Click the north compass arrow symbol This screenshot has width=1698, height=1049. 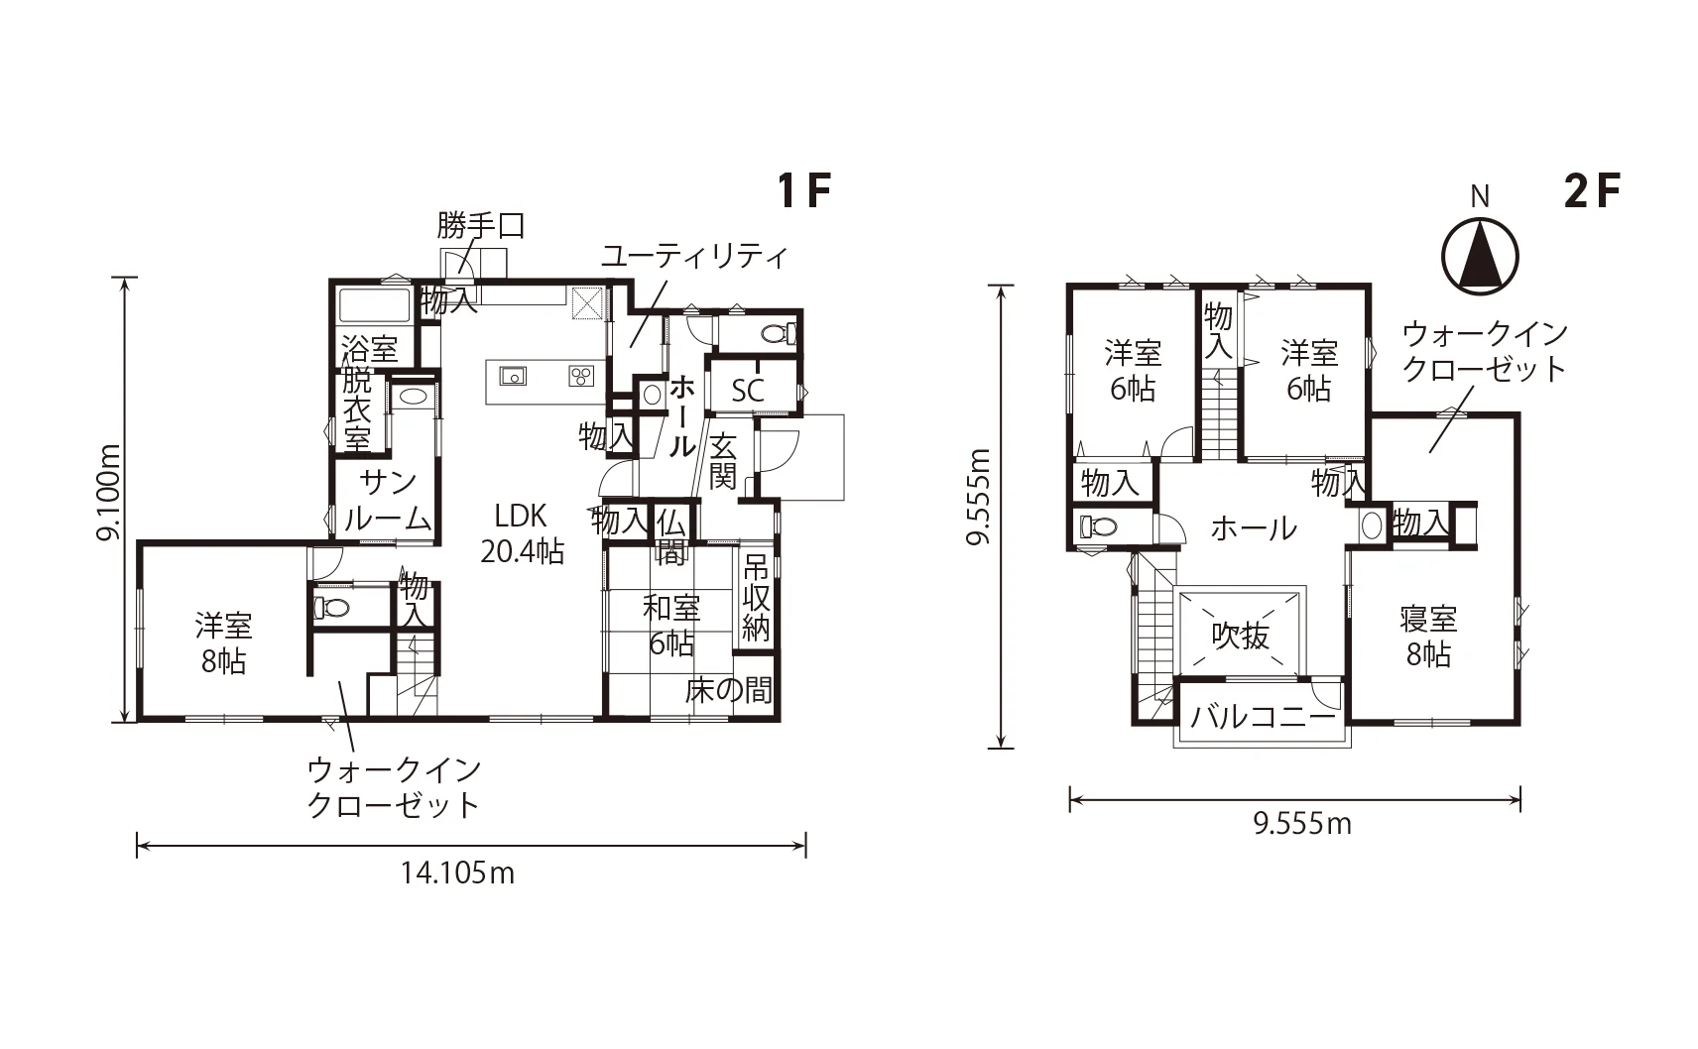(1480, 256)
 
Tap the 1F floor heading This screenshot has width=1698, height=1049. (804, 191)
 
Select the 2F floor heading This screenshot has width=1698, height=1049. (1592, 191)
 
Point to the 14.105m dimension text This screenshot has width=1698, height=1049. (457, 874)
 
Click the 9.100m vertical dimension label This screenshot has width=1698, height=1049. (108, 493)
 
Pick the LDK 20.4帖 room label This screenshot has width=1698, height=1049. (522, 533)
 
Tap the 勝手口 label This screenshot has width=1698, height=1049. (481, 225)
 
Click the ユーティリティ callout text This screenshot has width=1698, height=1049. (694, 256)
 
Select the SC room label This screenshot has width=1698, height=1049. (748, 391)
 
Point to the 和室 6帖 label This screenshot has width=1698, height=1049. (670, 626)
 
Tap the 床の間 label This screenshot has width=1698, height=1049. (728, 690)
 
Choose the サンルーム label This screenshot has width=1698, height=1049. (388, 501)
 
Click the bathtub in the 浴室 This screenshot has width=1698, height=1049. (374, 305)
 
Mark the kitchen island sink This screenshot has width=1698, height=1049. (513, 375)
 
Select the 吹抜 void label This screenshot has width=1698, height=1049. (1240, 636)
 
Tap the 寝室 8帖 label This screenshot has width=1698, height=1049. (1429, 637)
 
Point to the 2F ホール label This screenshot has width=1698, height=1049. (1254, 528)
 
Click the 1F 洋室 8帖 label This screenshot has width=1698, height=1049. (223, 643)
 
